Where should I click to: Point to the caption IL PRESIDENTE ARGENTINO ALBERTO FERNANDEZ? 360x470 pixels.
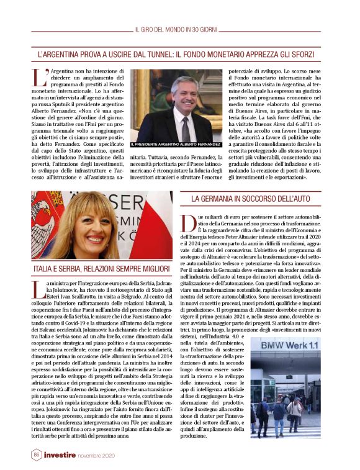[x=176, y=144]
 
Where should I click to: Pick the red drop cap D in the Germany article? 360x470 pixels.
[x=186, y=220]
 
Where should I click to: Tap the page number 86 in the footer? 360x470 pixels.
[x=37, y=455]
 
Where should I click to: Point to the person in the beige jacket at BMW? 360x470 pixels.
[x=294, y=408]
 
